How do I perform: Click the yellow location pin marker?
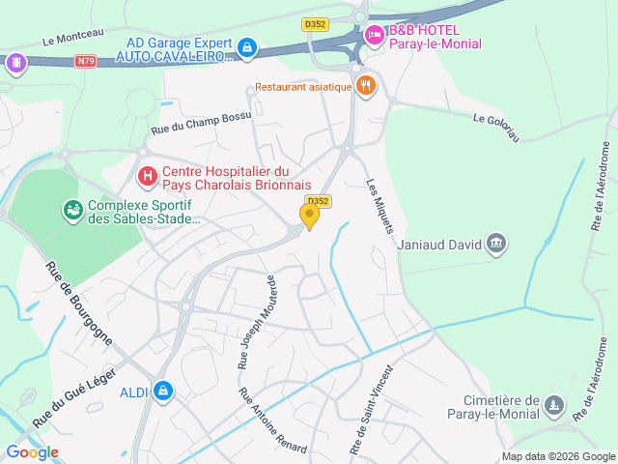(x=309, y=216)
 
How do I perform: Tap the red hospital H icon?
(x=147, y=176)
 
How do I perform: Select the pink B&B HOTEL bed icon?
(x=374, y=36)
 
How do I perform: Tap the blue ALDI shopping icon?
(x=163, y=391)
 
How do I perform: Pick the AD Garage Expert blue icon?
(x=248, y=45)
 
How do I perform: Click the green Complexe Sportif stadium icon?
(x=72, y=209)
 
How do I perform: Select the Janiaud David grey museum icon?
(x=496, y=243)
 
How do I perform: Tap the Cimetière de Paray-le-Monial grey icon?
(x=553, y=403)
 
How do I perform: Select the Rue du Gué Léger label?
(x=74, y=397)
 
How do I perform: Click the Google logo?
(x=32, y=451)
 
